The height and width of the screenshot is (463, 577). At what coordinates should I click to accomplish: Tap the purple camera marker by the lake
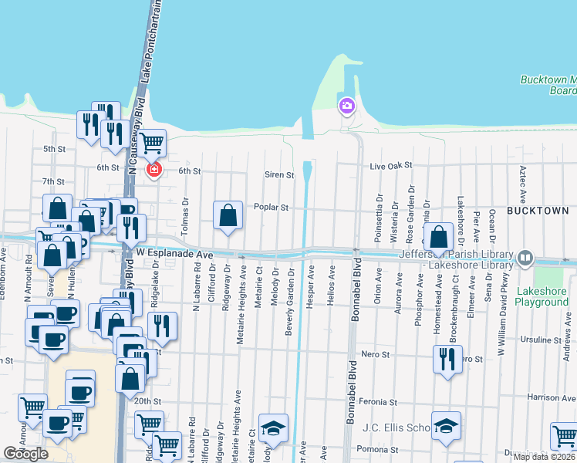(x=346, y=105)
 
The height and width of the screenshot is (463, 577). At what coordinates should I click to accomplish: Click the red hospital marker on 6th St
(x=154, y=169)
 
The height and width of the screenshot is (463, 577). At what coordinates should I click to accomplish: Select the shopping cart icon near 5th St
(x=152, y=142)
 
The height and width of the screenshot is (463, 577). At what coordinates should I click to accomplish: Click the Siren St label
(x=279, y=175)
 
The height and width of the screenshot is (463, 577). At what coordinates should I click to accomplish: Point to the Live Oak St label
(x=391, y=166)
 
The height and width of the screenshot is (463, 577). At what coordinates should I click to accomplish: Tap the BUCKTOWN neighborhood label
(x=538, y=210)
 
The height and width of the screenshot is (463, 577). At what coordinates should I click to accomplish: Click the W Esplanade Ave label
(x=174, y=253)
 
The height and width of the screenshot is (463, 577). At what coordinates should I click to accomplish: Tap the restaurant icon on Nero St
(x=447, y=359)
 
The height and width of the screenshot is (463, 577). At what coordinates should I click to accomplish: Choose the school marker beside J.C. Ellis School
(x=446, y=427)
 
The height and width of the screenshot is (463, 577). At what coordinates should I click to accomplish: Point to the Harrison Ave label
(x=548, y=397)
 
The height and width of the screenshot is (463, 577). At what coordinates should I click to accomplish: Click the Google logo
(x=25, y=454)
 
